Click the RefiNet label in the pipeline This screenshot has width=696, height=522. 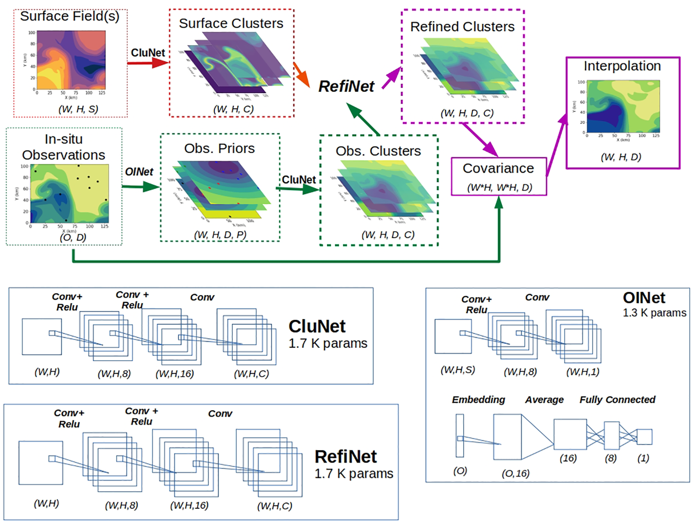coord(346,86)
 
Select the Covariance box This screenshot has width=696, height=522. coord(498,176)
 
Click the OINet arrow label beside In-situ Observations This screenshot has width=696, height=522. coord(139,172)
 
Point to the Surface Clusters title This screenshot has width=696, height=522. coord(231,23)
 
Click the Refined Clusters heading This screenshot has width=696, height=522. coord(462,27)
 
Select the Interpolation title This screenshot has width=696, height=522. coord(622,66)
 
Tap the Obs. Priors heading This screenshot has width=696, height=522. coord(220,149)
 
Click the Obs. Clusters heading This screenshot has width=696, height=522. coord(378,151)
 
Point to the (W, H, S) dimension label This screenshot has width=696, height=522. coord(78,109)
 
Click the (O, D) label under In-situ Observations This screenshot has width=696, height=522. coord(73,237)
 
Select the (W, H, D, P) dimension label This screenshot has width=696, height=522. coord(220,235)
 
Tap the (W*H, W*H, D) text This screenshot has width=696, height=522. coord(500,187)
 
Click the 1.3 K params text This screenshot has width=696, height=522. coord(654,313)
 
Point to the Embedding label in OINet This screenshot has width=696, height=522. coord(478,400)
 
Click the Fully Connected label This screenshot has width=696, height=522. coord(617,400)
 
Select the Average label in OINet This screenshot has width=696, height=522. coord(544,400)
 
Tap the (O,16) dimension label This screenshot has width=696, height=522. coord(515,474)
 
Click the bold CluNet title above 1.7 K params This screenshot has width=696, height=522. coord(317,326)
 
